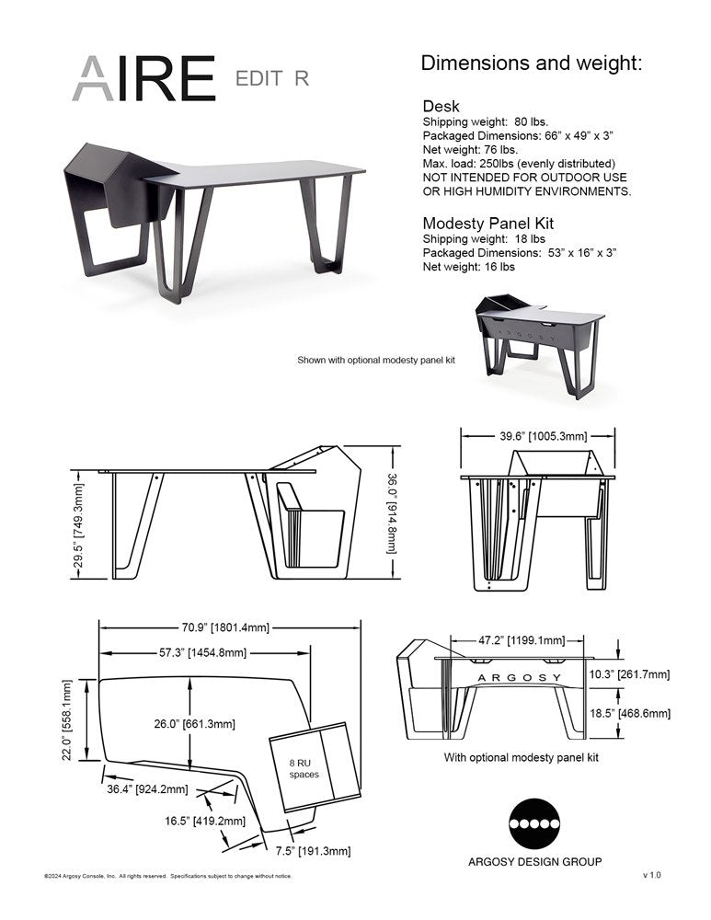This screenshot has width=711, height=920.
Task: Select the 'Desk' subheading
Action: click(x=441, y=107)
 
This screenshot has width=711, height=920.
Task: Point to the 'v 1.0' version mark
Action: click(x=651, y=875)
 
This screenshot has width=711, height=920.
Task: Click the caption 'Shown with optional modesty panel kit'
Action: click(x=375, y=360)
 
